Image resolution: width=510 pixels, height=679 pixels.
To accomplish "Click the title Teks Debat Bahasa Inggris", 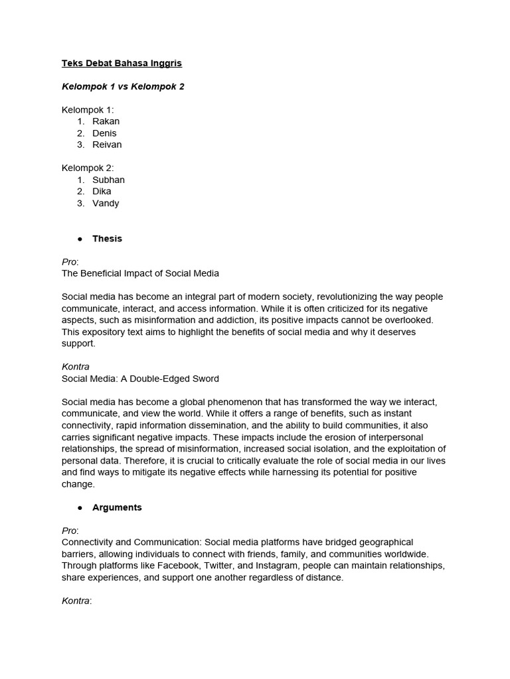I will [x=122, y=64].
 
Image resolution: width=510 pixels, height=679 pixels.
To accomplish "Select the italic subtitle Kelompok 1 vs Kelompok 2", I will [x=123, y=87].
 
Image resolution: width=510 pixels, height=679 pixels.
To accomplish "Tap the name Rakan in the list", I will [x=106, y=121].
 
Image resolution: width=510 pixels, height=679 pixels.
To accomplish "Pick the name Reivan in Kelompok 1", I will [x=107, y=145].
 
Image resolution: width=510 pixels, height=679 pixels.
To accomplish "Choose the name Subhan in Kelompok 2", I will [x=108, y=180].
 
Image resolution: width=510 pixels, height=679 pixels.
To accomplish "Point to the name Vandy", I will [x=106, y=203].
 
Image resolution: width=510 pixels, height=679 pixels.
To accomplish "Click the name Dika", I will [x=102, y=191].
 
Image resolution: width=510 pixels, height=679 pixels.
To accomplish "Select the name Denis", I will [x=104, y=133].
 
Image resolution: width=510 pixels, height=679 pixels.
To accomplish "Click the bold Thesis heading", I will [x=107, y=239].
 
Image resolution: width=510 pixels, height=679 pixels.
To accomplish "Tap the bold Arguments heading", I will [x=117, y=507].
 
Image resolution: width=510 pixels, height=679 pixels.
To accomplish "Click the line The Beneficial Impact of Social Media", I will [x=140, y=273].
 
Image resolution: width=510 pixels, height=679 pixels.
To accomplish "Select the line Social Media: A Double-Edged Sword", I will [x=140, y=379].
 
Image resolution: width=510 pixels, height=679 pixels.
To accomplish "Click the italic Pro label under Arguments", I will [x=70, y=530].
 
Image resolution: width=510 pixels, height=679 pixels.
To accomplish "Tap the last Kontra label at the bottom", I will [x=76, y=601].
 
